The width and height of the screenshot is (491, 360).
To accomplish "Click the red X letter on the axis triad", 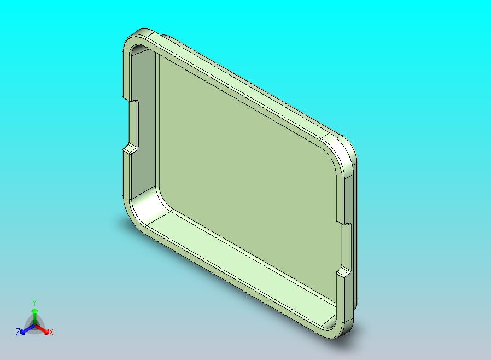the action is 51,332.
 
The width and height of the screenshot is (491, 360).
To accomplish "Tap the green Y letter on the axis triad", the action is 34,303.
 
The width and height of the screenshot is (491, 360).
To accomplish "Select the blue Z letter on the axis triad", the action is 18,332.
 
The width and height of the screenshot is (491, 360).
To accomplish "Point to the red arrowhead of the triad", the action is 46,331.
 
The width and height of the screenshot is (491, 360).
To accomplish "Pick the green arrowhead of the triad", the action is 34,311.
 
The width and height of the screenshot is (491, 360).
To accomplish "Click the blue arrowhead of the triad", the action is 22,331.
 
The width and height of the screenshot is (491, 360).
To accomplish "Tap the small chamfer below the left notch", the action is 130,150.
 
